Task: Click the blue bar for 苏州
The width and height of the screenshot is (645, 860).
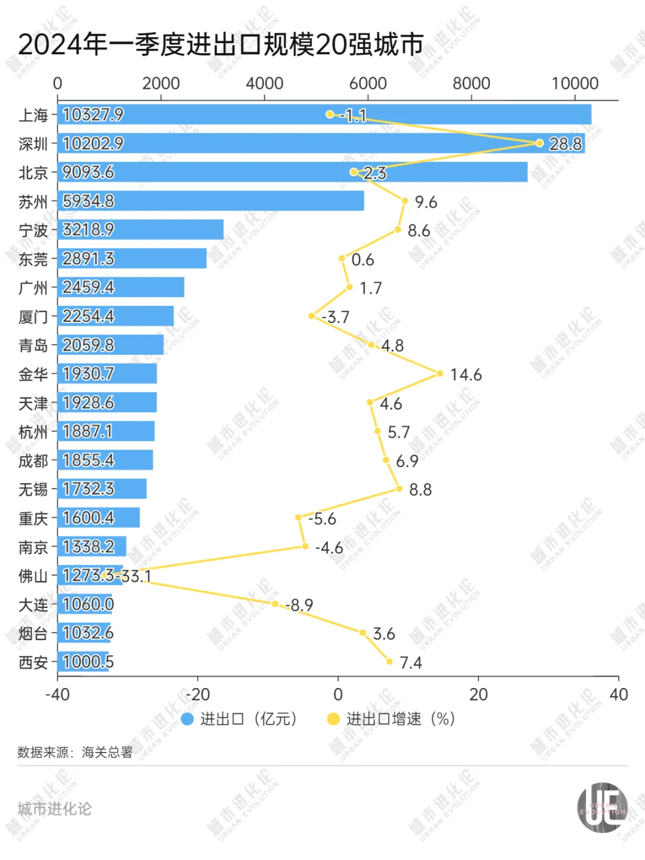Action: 211,201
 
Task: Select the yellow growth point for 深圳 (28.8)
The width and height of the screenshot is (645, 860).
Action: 539,143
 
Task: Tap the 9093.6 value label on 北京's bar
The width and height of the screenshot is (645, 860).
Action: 88,173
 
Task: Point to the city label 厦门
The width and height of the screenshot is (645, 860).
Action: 33,317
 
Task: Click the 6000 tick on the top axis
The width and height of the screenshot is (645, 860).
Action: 368,84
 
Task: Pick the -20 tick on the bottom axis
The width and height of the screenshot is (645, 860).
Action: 198,694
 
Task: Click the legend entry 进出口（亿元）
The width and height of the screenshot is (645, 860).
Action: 239,719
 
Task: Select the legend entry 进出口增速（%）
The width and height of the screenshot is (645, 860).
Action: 392,719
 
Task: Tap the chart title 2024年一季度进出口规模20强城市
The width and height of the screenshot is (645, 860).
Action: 221,45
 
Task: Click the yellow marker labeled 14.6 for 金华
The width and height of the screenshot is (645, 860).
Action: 440,374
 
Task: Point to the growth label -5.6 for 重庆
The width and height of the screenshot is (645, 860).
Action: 322,519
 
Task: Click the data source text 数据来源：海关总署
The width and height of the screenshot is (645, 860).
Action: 75,752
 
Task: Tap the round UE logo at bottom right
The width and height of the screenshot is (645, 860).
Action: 602,808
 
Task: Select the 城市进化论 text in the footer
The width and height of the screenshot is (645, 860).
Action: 54,809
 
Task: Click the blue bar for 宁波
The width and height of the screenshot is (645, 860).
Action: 140,230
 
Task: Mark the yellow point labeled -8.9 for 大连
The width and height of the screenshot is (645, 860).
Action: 275,604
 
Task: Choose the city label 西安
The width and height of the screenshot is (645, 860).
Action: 33,662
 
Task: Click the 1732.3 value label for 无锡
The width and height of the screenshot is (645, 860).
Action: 88,489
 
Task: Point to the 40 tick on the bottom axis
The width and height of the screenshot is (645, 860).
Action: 618,694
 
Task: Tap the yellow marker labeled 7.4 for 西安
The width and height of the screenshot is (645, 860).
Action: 389,661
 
